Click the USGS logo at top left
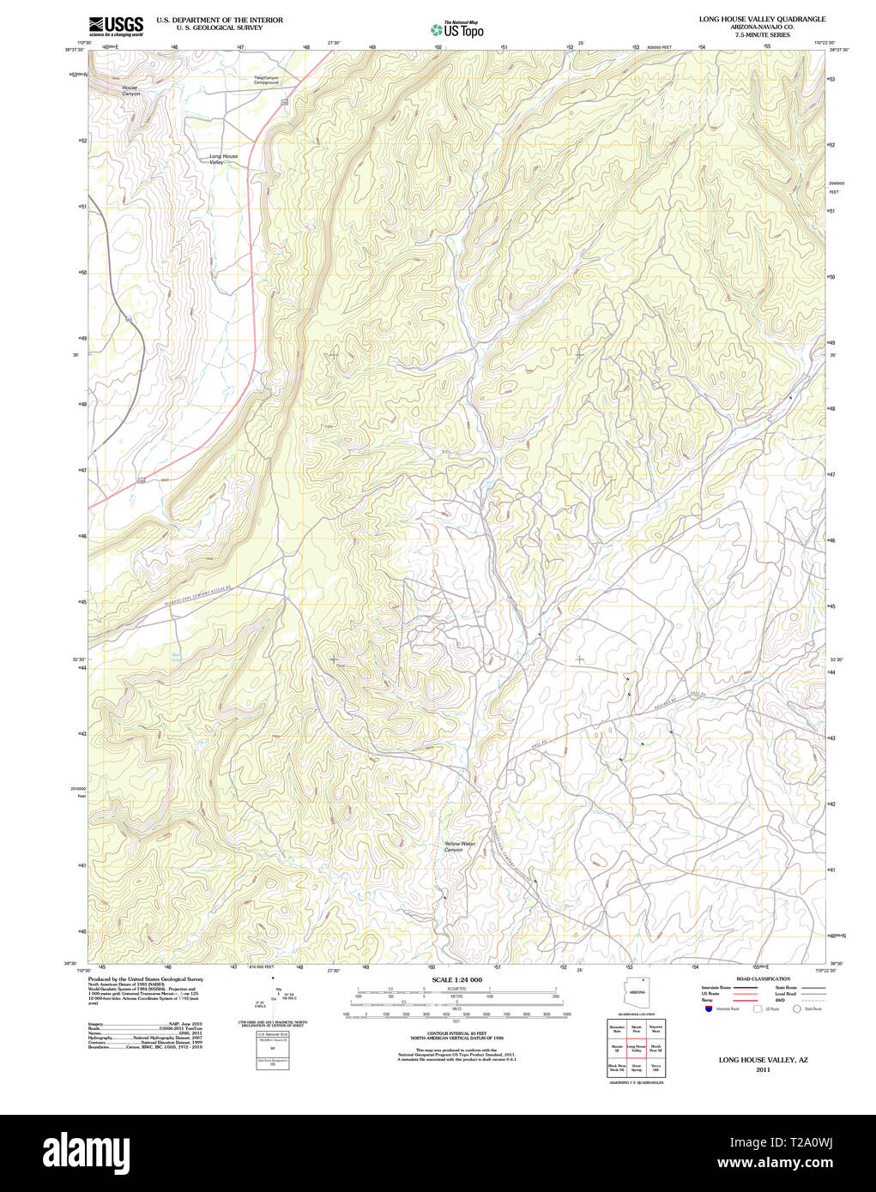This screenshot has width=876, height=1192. [x=116, y=26]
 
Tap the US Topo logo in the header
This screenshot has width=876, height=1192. [x=457, y=29]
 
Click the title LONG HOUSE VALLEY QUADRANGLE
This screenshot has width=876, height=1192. [x=762, y=19]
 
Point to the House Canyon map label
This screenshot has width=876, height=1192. [x=130, y=90]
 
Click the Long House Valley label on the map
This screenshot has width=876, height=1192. [x=223, y=159]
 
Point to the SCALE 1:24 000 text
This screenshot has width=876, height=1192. [x=456, y=979]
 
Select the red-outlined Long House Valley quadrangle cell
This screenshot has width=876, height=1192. [x=636, y=1048]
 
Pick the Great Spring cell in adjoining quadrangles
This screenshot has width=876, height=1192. [x=636, y=1069]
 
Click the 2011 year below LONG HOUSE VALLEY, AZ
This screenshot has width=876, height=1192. [x=763, y=1069]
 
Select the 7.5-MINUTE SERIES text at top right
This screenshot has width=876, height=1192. [x=763, y=34]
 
